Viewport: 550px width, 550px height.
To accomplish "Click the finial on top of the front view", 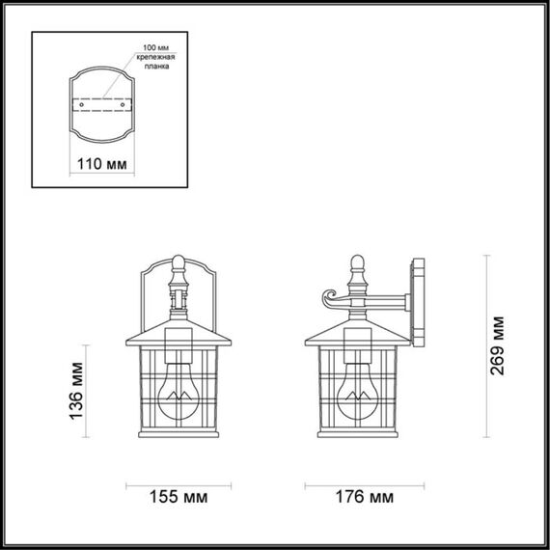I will pyautogui.click(x=179, y=261).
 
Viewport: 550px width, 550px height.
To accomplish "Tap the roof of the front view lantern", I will pyautogui.click(x=179, y=334).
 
